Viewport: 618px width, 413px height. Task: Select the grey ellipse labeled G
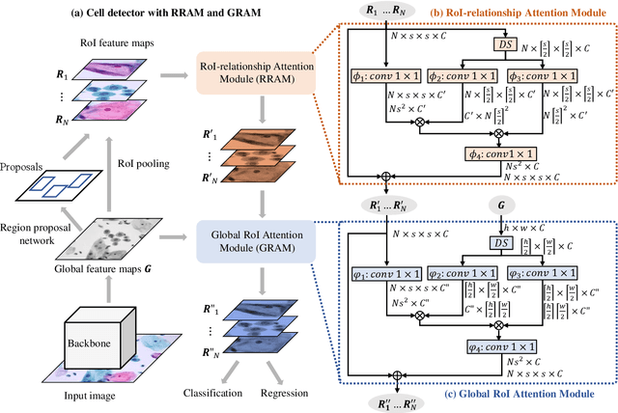(500, 206)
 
